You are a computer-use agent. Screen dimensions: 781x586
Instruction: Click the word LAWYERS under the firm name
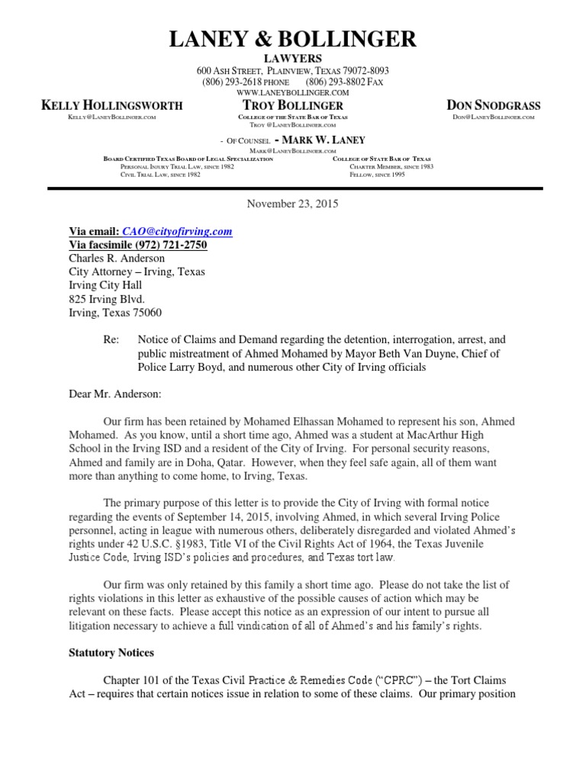tap(292, 59)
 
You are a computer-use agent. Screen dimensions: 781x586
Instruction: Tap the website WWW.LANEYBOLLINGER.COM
tap(292, 92)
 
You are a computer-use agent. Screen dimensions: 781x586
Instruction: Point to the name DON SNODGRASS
tap(493, 105)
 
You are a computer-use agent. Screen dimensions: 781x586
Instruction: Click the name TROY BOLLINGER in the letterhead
tap(292, 105)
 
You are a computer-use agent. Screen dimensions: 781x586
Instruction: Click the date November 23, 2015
tap(292, 204)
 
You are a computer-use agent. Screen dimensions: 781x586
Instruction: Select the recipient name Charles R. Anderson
tap(117, 259)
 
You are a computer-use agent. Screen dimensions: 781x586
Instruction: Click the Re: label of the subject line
tap(111, 339)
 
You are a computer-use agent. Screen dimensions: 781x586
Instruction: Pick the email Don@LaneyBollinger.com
tap(493, 117)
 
